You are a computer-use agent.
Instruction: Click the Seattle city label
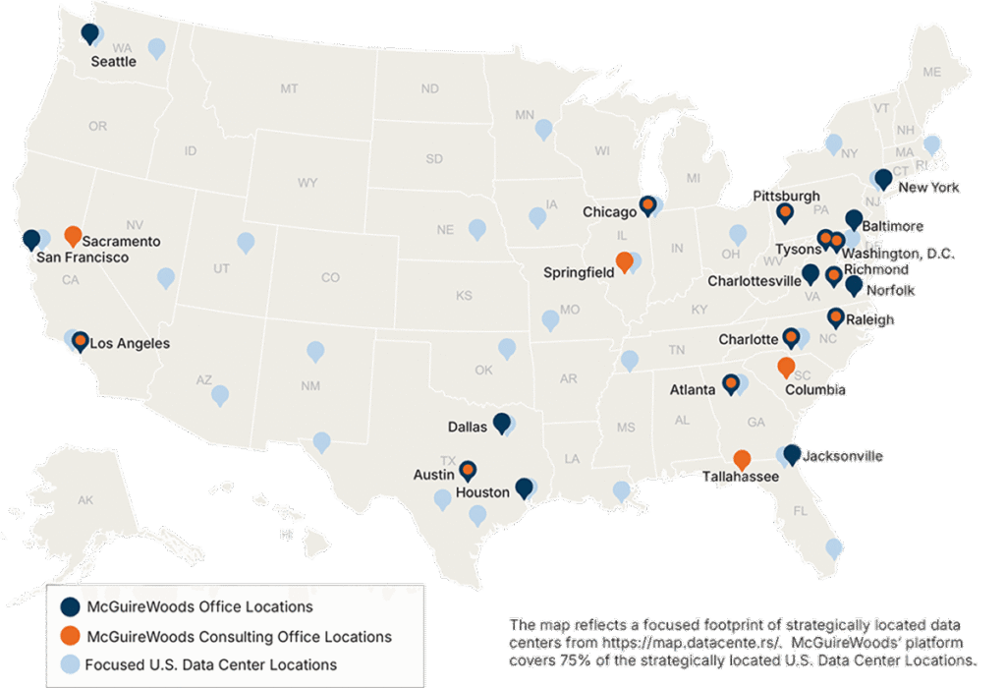click(x=113, y=60)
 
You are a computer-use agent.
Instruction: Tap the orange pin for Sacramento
click(x=73, y=236)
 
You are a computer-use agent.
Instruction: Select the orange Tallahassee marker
click(x=742, y=459)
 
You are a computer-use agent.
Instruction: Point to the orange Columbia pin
click(x=786, y=367)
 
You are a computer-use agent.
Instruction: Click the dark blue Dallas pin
click(x=502, y=423)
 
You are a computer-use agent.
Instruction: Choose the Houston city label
click(x=482, y=491)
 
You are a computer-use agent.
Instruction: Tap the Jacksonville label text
click(x=842, y=456)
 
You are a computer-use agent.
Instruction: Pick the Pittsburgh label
click(x=786, y=196)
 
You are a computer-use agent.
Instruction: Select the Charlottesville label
click(x=754, y=280)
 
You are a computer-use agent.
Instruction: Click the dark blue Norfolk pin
click(x=853, y=285)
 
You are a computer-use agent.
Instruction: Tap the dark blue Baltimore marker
click(x=854, y=219)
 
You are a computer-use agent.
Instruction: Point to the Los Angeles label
click(x=130, y=344)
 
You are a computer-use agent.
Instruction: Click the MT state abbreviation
click(x=289, y=88)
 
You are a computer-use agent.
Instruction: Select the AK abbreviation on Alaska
click(x=85, y=500)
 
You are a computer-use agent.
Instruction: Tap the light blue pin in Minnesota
click(x=543, y=128)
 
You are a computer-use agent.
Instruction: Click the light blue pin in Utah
click(x=246, y=241)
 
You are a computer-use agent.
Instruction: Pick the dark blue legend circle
click(x=69, y=606)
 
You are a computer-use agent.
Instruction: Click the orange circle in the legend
click(x=69, y=636)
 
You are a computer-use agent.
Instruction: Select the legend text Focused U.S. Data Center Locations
click(x=210, y=664)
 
